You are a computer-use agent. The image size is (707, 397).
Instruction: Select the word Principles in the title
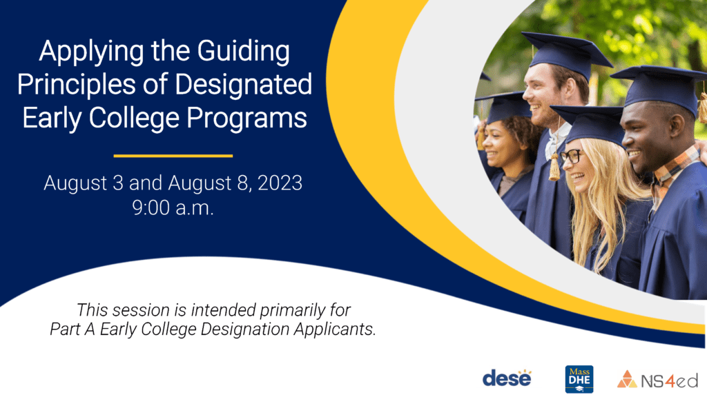click(x=76, y=85)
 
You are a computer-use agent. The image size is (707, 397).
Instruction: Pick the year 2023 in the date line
click(x=280, y=183)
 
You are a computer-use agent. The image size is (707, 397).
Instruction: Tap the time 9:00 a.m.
click(x=173, y=208)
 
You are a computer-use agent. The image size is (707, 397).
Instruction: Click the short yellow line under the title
click(x=173, y=156)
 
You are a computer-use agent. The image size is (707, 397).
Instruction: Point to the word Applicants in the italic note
click(x=335, y=329)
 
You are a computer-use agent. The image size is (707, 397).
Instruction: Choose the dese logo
click(x=507, y=378)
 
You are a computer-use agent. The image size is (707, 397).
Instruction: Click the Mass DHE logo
click(x=579, y=379)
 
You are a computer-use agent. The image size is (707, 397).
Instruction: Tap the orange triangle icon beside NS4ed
click(x=627, y=379)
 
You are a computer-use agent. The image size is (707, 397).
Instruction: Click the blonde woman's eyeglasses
click(x=572, y=156)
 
